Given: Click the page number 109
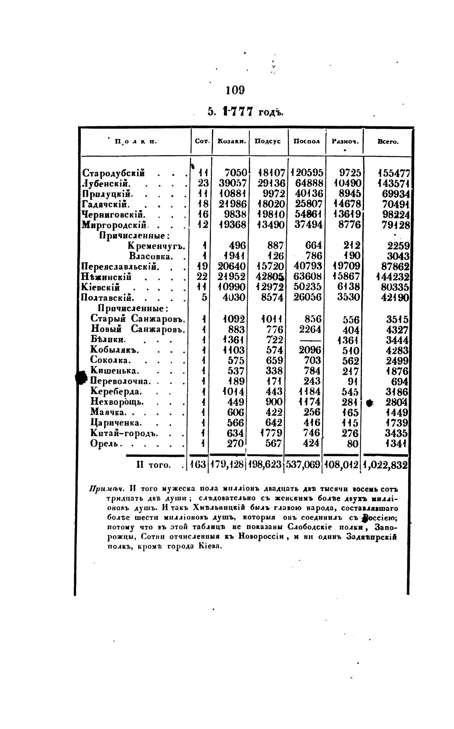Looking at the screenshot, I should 235,90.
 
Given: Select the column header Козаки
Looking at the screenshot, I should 231,141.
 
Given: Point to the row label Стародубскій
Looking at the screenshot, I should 113,173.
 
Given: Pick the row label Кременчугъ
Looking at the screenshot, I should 157,245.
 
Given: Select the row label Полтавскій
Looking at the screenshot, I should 108,297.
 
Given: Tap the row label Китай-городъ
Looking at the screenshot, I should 125,433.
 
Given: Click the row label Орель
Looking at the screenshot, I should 106,443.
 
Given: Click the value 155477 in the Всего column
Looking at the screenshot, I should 394,173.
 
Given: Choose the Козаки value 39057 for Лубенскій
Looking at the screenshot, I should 231,184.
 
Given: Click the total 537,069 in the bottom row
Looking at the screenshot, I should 303,465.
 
